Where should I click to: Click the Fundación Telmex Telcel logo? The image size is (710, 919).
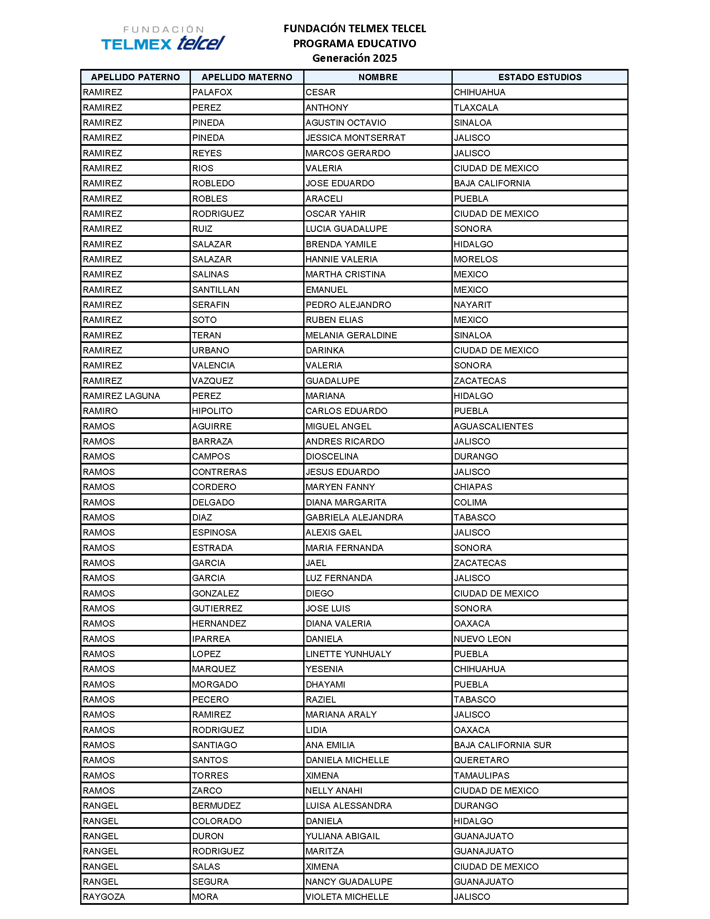point(163,38)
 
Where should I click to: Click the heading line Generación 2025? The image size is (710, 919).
point(354,58)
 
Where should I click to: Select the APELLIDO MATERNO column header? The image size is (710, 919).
point(247,77)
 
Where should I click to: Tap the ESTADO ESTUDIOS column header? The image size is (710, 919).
point(540,77)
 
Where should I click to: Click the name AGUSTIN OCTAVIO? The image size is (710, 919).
point(346,122)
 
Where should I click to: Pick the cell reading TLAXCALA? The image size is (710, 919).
point(476,107)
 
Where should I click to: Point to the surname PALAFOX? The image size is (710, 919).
point(212,92)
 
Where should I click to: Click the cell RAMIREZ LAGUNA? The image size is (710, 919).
point(122,396)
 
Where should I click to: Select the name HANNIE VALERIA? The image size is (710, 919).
point(342,259)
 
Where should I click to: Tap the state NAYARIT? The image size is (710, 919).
point(472,305)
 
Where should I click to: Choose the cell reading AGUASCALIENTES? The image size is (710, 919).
point(493,426)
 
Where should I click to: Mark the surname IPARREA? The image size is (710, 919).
point(211,639)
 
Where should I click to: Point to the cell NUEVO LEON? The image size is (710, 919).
point(482,639)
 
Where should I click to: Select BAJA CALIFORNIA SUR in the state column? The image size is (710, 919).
point(502,745)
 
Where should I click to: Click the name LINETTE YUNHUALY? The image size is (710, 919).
point(348,654)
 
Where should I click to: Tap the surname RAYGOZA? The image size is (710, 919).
point(104,897)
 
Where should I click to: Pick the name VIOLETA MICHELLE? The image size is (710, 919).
point(347,897)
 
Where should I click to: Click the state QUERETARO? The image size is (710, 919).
point(481,760)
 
